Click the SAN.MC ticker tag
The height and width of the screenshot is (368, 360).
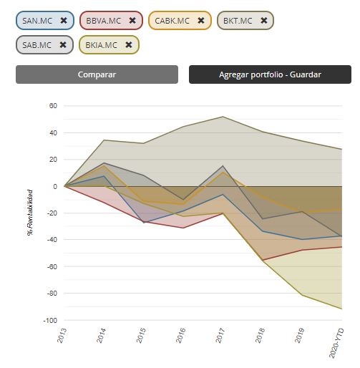(45, 21)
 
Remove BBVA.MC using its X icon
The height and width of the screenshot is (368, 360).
(132, 21)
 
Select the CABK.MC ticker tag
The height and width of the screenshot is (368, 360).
(180, 21)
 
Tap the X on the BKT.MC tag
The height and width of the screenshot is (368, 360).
(264, 21)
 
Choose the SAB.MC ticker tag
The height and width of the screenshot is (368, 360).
(44, 45)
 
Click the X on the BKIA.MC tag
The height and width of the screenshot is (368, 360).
(129, 44)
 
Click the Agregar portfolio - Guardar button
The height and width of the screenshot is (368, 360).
(270, 74)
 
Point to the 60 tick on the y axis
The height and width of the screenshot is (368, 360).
(53, 106)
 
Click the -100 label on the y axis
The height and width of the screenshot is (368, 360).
(50, 321)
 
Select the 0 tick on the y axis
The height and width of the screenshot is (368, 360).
(55, 186)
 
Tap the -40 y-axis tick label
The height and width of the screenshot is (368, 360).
(52, 240)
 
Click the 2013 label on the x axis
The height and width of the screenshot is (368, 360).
(62, 335)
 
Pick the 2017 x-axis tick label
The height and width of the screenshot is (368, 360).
(220, 335)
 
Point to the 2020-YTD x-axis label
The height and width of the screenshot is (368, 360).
(336, 343)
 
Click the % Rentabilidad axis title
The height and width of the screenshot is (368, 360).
(30, 213)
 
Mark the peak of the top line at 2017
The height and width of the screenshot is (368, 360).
(223, 117)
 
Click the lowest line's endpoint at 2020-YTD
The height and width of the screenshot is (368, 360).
(342, 309)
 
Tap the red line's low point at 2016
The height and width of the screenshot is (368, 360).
(183, 228)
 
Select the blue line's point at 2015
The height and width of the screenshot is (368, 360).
(143, 223)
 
